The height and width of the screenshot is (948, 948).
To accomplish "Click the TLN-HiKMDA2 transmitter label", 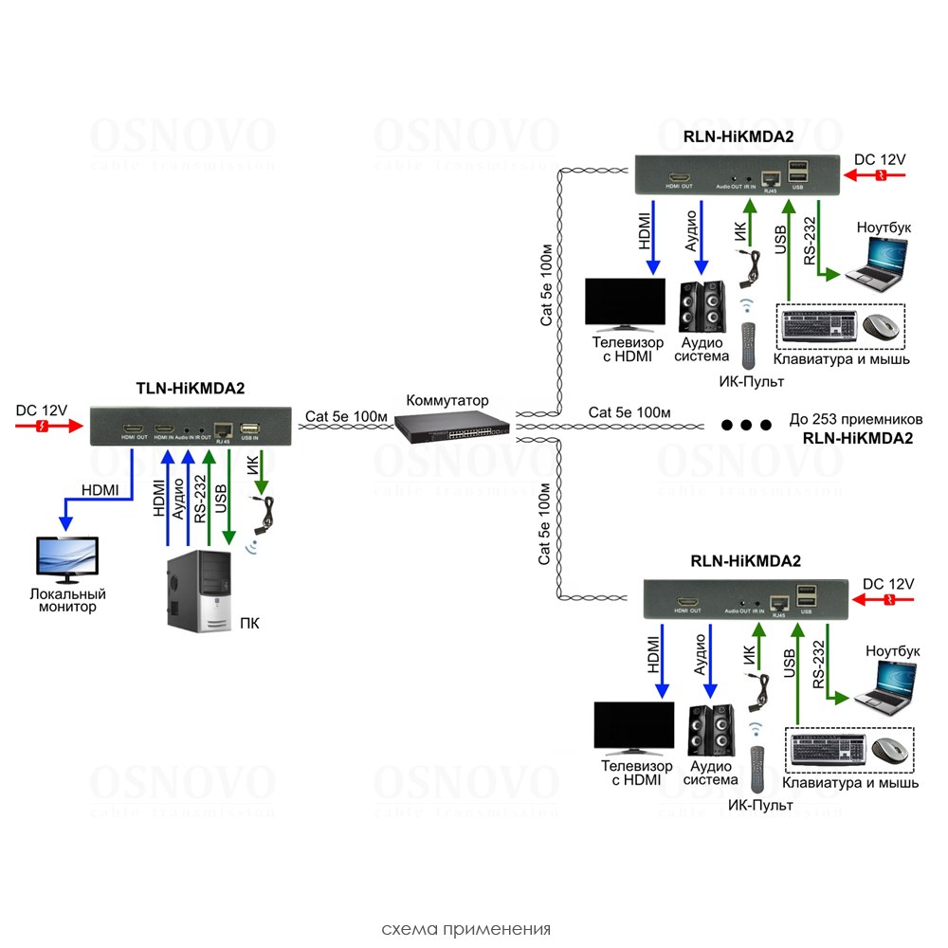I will coord(191,388).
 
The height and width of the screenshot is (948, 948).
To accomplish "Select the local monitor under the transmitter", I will coord(65,559).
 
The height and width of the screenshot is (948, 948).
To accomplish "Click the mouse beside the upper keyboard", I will coord(881,327).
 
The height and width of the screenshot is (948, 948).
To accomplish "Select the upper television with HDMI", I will coord(627,301).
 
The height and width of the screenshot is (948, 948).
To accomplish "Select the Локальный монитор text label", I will coord(65,600).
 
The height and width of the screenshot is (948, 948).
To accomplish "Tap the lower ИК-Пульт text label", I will coord(760,805).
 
